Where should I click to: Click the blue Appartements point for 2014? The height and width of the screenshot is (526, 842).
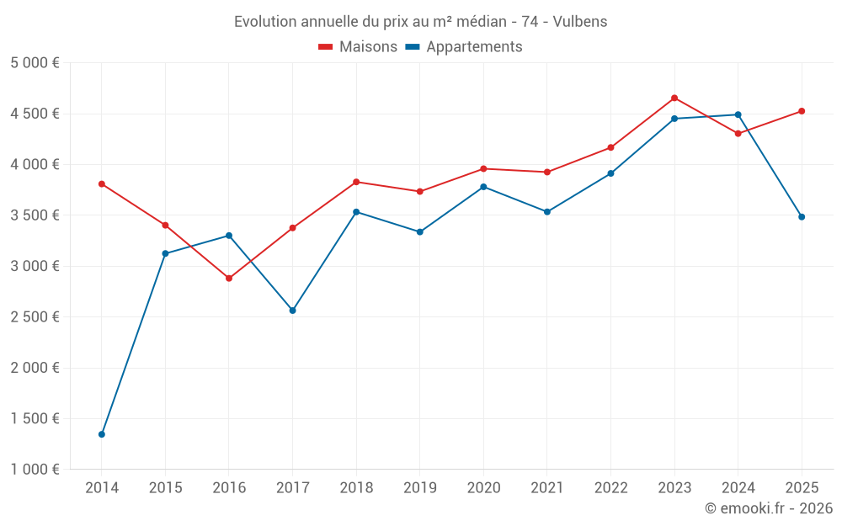[102, 434]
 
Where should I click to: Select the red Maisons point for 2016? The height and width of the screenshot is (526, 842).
[229, 279]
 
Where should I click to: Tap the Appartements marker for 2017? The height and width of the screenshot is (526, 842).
[293, 311]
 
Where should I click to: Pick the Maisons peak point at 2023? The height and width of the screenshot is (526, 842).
[674, 98]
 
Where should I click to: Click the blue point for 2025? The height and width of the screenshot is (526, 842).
[802, 217]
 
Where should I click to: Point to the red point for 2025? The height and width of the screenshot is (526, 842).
[802, 111]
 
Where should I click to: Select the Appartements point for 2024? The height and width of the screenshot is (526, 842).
[738, 115]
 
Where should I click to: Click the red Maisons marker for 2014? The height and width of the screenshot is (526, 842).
[102, 184]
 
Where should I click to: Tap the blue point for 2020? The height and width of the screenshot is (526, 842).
[483, 187]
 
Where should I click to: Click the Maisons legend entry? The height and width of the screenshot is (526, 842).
[358, 47]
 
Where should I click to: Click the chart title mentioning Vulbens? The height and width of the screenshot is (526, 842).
[421, 22]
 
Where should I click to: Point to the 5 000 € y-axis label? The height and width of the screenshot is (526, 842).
[35, 63]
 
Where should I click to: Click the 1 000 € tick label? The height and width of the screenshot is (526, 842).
[35, 470]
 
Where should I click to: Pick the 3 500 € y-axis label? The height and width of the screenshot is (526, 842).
[35, 215]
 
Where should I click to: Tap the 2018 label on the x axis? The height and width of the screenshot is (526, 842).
[356, 488]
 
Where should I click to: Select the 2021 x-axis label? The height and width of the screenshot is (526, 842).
[547, 488]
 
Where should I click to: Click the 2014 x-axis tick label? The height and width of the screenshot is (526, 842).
[102, 488]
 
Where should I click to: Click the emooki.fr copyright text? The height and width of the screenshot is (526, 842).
[768, 508]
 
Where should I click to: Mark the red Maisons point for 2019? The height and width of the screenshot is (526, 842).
[420, 192]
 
